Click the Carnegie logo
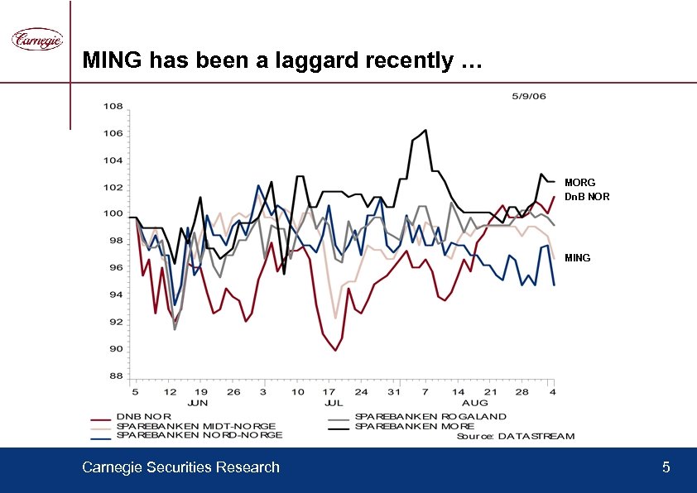coord(36,39)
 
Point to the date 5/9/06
coord(529,95)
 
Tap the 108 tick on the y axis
coord(113,107)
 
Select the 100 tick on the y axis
coord(113,214)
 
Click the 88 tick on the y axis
coord(116,376)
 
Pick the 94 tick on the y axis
coord(116,294)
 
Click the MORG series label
coord(579,182)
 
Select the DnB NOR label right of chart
coord(587,197)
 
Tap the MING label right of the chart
coord(577,258)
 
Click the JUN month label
coord(197,403)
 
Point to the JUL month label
coord(333,403)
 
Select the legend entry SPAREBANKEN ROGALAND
coord(430,416)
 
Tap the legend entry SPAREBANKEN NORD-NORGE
coord(199,435)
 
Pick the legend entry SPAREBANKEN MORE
coord(414,426)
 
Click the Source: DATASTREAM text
coord(515,436)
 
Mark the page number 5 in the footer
coord(666,468)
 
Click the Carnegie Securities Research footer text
coord(180,468)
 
